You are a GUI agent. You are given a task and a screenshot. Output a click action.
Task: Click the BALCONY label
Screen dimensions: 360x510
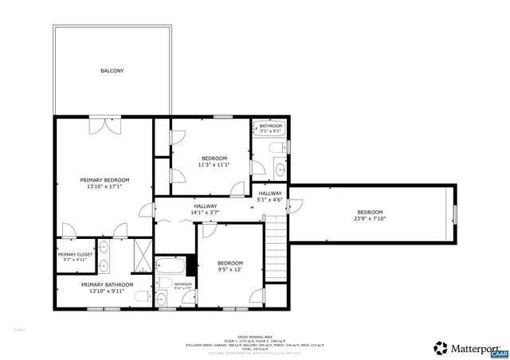pyautogui.click(x=112, y=71)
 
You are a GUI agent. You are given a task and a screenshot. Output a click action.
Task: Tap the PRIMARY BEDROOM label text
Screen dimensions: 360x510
pyautogui.click(x=104, y=180)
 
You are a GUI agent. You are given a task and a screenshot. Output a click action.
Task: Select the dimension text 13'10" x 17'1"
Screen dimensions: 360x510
pyautogui.click(x=104, y=187)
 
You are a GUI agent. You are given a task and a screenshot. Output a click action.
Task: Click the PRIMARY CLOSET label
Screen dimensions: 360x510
pyautogui.click(x=75, y=254)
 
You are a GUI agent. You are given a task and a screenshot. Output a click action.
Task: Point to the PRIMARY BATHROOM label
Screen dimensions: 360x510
pyautogui.click(x=107, y=284)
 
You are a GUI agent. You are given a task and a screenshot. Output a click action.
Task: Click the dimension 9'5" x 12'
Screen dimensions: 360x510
pyautogui.click(x=230, y=270)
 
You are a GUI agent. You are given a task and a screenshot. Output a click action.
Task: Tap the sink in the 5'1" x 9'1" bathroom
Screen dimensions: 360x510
pyautogui.click(x=280, y=168)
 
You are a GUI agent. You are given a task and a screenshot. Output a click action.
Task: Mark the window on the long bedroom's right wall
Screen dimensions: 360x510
pyautogui.click(x=456, y=215)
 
